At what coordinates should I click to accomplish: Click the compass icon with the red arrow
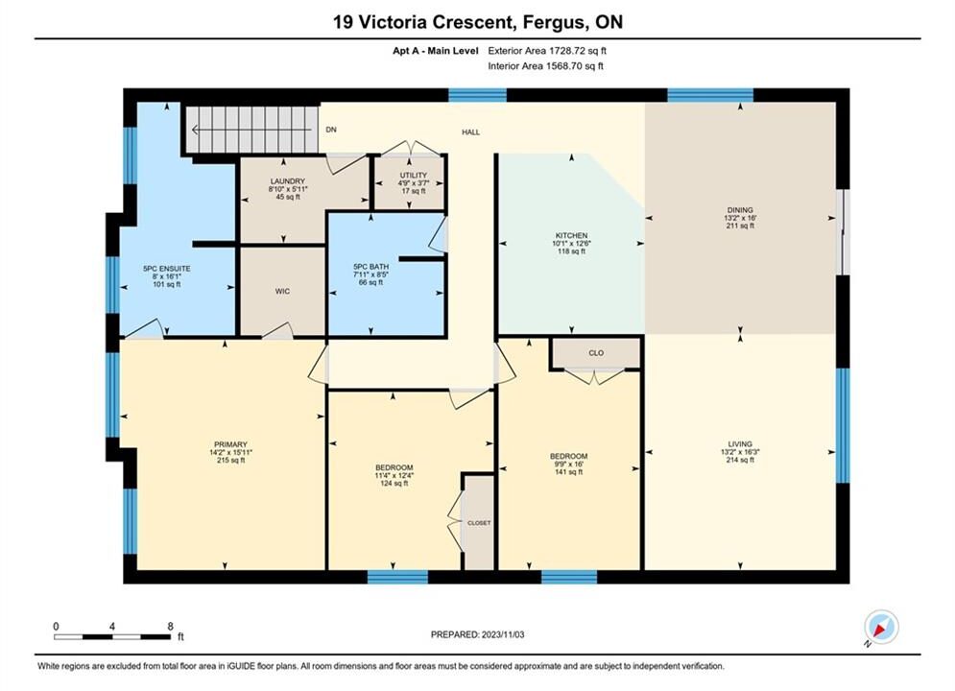click(x=881, y=627)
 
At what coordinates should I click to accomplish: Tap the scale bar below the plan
click(x=112, y=637)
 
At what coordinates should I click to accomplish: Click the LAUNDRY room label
click(x=288, y=181)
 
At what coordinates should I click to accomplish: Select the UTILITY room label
click(x=414, y=176)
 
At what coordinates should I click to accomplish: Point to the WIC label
click(x=282, y=292)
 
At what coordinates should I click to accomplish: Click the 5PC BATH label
click(x=370, y=267)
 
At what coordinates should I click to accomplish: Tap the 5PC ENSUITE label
click(x=167, y=269)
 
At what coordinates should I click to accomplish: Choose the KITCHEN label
click(x=571, y=235)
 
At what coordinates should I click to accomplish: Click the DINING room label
click(x=740, y=210)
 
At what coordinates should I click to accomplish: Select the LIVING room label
click(x=740, y=444)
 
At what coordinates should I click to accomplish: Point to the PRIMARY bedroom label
click(x=230, y=444)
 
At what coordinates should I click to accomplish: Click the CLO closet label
click(x=596, y=353)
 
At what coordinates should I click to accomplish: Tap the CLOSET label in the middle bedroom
click(x=479, y=523)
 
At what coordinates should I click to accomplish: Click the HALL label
click(x=471, y=132)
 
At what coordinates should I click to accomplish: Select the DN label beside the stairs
click(x=331, y=130)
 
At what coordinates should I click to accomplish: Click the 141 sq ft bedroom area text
click(x=569, y=472)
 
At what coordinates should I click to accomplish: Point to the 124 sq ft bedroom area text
click(x=394, y=484)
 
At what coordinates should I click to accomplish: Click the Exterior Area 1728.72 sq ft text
click(x=547, y=51)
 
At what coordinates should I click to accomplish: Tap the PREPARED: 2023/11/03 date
click(x=478, y=634)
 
